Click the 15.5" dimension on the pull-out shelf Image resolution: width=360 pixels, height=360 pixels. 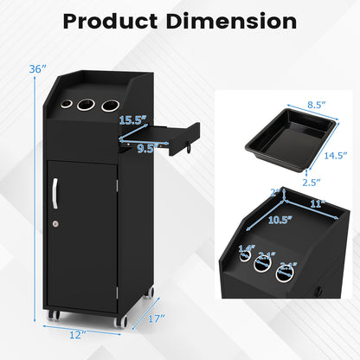[x=132, y=119]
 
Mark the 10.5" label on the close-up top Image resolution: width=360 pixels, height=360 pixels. [x=279, y=220]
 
